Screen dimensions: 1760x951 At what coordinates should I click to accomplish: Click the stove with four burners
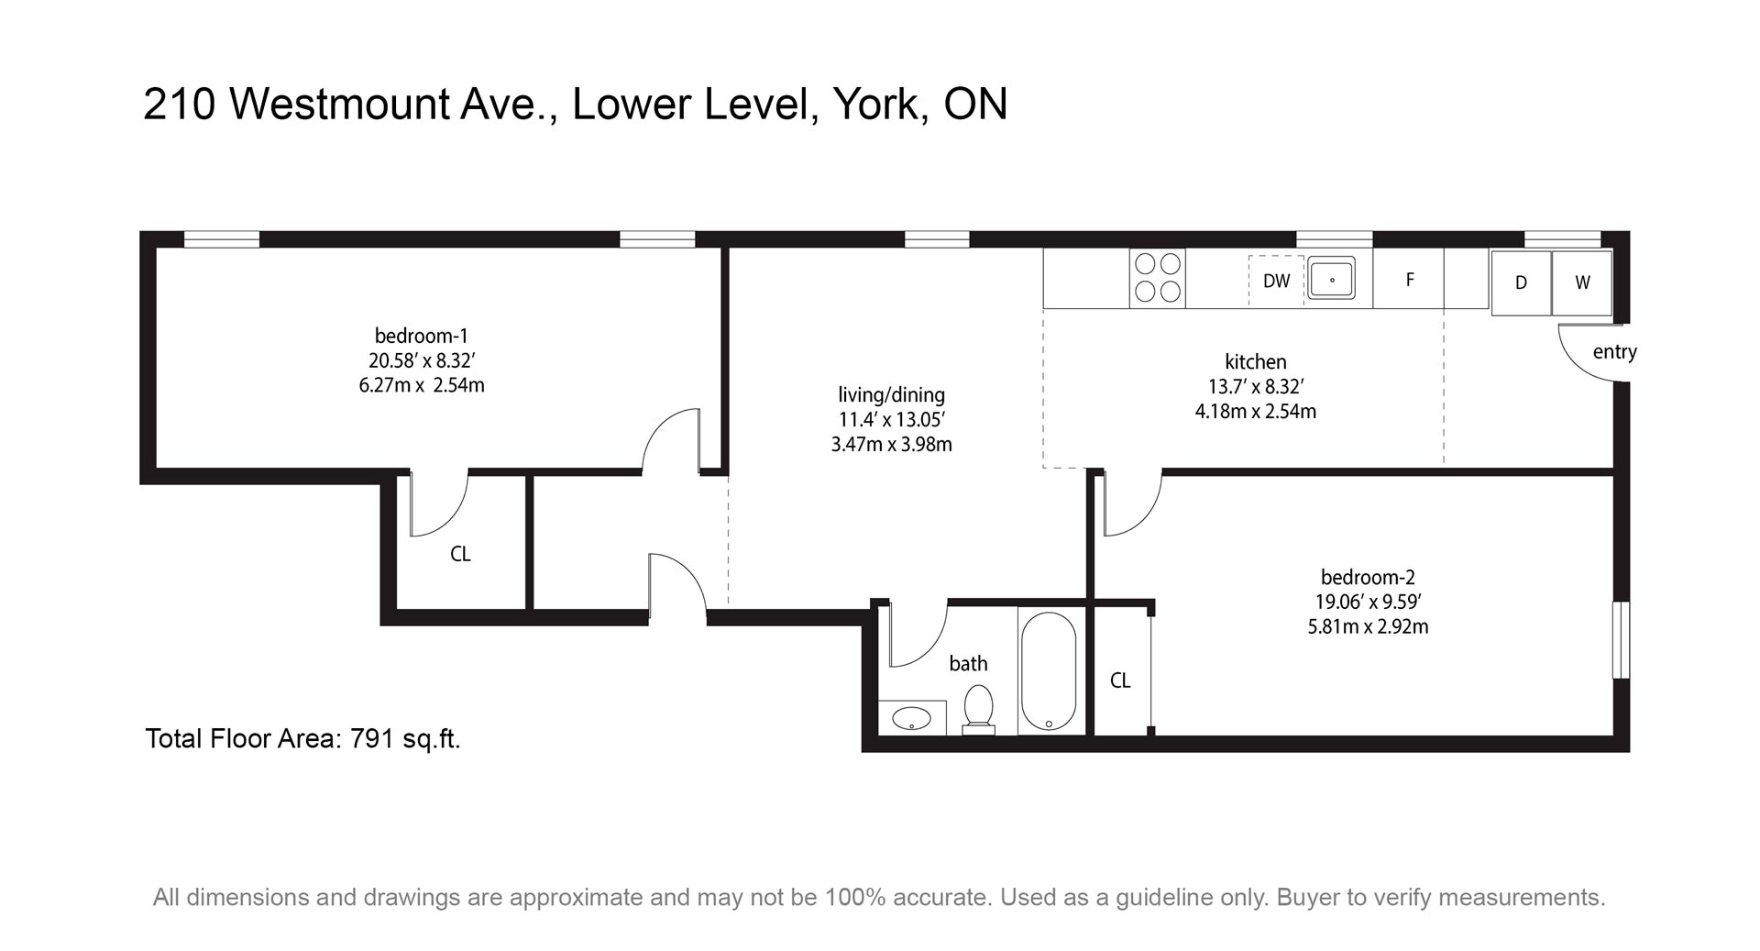(1157, 278)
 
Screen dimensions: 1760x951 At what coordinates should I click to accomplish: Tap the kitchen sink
(1332, 278)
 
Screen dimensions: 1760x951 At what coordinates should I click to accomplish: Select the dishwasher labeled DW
(1276, 281)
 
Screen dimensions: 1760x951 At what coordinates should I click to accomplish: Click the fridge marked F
(1409, 278)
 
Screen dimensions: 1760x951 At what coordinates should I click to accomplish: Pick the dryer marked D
(1521, 282)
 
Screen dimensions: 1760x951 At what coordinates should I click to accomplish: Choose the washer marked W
(1582, 282)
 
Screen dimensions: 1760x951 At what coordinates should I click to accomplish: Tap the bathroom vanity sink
(912, 718)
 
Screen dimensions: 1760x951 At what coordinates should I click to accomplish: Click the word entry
(1614, 352)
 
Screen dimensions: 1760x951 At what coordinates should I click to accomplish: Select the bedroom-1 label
(422, 336)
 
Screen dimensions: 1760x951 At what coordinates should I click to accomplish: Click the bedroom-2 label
(1368, 577)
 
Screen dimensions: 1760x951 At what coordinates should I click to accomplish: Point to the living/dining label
(891, 395)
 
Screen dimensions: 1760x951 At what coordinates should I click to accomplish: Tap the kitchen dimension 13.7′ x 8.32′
(1256, 387)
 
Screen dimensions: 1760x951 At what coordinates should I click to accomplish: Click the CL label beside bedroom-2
(1120, 680)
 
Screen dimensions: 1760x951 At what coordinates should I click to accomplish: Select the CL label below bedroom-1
(460, 554)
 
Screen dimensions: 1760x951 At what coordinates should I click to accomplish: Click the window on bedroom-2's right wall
(1622, 640)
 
